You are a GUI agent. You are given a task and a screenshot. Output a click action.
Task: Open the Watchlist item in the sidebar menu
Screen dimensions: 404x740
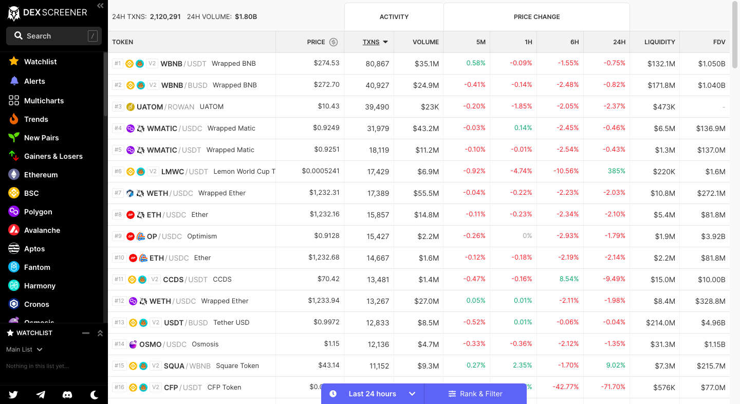click(x=40, y=62)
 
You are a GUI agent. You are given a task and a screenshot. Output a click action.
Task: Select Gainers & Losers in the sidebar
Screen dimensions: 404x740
click(x=53, y=156)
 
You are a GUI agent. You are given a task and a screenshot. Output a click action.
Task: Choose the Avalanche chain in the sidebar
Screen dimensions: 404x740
click(x=42, y=230)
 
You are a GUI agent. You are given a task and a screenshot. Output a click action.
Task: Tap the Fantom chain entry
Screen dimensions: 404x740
click(x=37, y=267)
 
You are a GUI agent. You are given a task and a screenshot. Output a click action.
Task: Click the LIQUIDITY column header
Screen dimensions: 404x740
click(x=659, y=42)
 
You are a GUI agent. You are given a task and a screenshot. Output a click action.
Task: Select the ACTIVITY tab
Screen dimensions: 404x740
click(x=394, y=17)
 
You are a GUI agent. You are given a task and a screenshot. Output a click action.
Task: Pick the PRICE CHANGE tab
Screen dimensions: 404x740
click(x=536, y=17)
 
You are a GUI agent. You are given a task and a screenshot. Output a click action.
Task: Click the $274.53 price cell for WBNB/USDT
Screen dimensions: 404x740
click(x=326, y=63)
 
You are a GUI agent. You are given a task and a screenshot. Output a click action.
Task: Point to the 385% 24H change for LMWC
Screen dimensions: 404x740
click(x=617, y=171)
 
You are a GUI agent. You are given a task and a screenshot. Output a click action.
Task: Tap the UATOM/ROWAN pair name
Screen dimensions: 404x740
click(x=165, y=107)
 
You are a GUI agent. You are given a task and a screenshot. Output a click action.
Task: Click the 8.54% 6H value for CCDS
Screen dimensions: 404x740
click(x=569, y=279)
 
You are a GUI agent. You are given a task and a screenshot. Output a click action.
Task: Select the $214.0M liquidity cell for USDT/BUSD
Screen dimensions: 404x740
click(x=660, y=323)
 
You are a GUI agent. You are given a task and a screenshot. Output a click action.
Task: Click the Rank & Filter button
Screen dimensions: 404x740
click(x=475, y=394)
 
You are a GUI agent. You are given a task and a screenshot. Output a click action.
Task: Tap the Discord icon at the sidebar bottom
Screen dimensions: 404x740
click(x=67, y=395)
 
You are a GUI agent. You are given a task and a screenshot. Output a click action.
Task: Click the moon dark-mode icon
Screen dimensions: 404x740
click(x=95, y=395)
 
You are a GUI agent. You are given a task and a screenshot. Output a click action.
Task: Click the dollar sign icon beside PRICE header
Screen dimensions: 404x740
click(x=334, y=42)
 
